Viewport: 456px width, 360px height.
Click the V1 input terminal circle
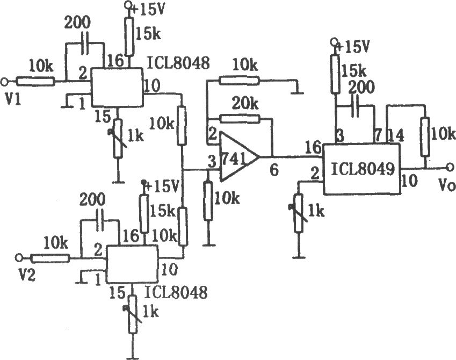pyautogui.click(x=4, y=82)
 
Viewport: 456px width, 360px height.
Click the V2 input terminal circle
pyautogui.click(x=19, y=257)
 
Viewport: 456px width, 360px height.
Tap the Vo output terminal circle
pyautogui.click(x=450, y=167)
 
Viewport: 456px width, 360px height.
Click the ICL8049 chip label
pyautogui.click(x=363, y=169)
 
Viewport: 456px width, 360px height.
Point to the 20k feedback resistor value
pyautogui.click(x=245, y=103)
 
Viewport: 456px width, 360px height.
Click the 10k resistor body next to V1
pyautogui.click(x=35, y=81)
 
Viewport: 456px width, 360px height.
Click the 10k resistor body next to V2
pyautogui.click(x=50, y=258)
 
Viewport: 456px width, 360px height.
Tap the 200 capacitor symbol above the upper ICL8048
pyautogui.click(x=85, y=44)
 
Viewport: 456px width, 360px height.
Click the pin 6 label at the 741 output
pyautogui.click(x=273, y=169)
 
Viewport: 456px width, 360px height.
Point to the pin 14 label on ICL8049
pyautogui.click(x=395, y=135)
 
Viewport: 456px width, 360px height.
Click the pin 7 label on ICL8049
pyautogui.click(x=378, y=135)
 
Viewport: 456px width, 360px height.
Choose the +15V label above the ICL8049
pyautogui.click(x=353, y=46)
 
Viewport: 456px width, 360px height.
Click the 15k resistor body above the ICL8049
pyautogui.click(x=335, y=74)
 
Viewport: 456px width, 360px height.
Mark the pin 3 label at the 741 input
pyautogui.click(x=212, y=162)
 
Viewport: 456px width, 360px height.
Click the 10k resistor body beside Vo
pyautogui.click(x=425, y=136)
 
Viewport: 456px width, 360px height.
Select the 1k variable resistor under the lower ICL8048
pyautogui.click(x=133, y=314)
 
